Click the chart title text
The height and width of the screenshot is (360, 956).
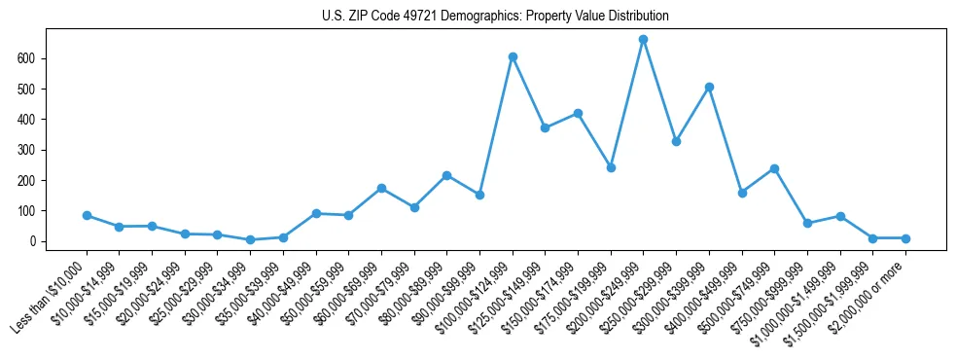[x=495, y=17]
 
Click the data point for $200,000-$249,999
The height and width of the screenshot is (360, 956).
[x=643, y=40]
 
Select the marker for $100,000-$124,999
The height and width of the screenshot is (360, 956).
[x=513, y=56]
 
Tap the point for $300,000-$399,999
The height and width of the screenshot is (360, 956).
[x=709, y=87]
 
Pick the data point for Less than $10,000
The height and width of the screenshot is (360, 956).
[x=87, y=215]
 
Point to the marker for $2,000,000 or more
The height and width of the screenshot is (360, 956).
[x=905, y=238]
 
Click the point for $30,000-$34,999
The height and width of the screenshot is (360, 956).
[x=250, y=239]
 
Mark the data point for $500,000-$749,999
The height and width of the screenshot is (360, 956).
[x=774, y=168]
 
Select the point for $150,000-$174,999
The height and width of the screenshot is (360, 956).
[x=578, y=113]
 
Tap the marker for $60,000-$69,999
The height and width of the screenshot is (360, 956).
[x=381, y=188]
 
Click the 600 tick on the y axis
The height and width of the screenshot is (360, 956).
[x=39, y=58]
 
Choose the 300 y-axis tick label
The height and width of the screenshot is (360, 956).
[x=39, y=150]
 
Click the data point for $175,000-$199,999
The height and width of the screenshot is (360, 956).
[x=611, y=167]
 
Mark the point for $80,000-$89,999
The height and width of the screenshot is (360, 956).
[x=446, y=175]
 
